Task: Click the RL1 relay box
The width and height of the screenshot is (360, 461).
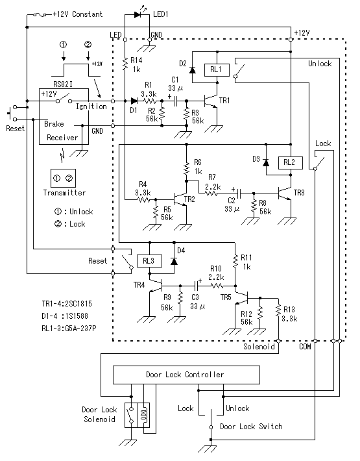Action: pyautogui.click(x=217, y=70)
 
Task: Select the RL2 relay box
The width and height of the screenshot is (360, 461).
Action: pyautogui.click(x=290, y=162)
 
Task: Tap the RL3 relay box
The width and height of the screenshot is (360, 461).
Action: pyautogui.click(x=149, y=261)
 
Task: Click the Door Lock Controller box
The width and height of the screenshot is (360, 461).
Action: pyautogui.click(x=186, y=375)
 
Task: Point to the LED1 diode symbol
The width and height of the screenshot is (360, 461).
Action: pyautogui.click(x=138, y=14)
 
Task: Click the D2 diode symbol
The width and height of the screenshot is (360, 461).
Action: pyautogui.click(x=193, y=70)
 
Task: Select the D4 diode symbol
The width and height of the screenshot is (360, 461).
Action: pyautogui.click(x=174, y=261)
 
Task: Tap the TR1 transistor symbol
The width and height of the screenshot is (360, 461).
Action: pyautogui.click(x=211, y=101)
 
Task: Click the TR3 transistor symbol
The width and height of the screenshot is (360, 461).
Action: pyautogui.click(x=285, y=193)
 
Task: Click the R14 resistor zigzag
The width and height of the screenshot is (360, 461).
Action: pyautogui.click(x=125, y=64)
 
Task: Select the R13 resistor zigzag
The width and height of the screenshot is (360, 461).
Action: pyautogui.click(x=278, y=312)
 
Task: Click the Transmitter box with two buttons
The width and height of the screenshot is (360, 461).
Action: pyautogui.click(x=63, y=178)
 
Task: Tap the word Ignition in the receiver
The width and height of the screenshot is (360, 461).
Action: pyautogui.click(x=91, y=106)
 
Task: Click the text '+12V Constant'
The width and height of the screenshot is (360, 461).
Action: pyautogui.click(x=78, y=14)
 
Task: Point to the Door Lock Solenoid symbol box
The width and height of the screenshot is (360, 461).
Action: pyautogui.click(x=137, y=415)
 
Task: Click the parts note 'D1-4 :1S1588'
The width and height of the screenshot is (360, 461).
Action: pyautogui.click(x=65, y=316)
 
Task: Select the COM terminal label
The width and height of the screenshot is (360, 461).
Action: pyautogui.click(x=305, y=347)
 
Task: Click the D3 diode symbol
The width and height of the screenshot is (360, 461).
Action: pyautogui.click(x=266, y=162)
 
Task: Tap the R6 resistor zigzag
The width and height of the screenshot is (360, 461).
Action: pyautogui.click(x=186, y=169)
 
